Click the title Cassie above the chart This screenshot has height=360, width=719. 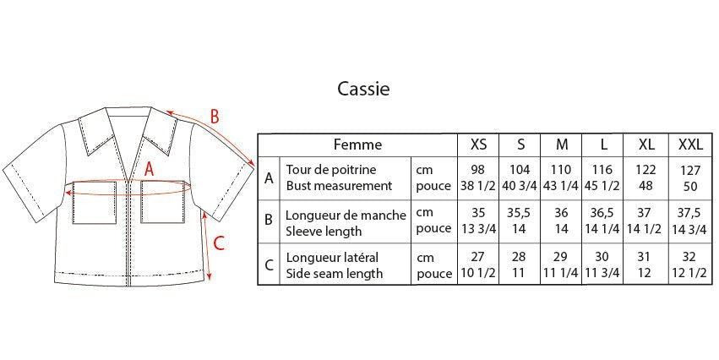coord(363,89)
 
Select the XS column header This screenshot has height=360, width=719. coord(478,145)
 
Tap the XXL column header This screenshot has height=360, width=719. coord(690,145)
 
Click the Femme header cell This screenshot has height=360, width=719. coord(357,145)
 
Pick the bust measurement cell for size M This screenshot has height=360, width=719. coord(561,178)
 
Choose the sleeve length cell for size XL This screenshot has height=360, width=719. coord(645,221)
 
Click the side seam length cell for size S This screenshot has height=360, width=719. coord(520,265)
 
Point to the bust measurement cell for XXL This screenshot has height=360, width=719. coord(690,178)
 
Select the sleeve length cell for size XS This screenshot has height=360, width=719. coord(478,221)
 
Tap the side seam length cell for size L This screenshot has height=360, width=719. coord(602,265)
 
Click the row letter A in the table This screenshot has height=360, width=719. coord(269,178)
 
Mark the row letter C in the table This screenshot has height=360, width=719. coord(269,265)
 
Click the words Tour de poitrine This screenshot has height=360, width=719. coord(331,170)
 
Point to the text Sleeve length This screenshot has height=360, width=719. coord(324,232)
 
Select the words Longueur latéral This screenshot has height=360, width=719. coord(332,258)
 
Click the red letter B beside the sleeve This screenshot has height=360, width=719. coord(214,117)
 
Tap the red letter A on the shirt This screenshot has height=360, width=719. coord(149,170)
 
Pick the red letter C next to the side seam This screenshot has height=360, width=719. coord(219,243)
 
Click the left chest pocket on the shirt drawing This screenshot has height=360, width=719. coord(95,202)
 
